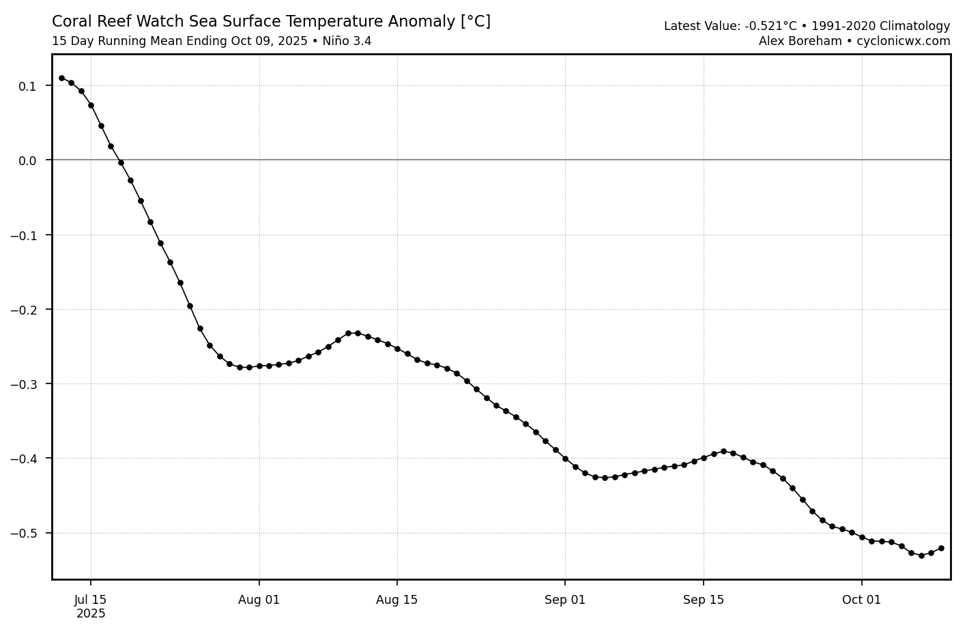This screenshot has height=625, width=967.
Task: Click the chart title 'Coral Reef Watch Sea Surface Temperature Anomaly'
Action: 271,22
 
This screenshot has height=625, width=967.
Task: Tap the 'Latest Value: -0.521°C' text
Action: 730,27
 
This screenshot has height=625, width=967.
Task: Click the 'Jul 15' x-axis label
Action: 91,600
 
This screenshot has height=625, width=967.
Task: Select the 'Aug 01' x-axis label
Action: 259,600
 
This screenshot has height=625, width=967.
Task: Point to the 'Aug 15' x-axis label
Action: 397,600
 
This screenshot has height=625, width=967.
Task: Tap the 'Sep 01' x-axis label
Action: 565,600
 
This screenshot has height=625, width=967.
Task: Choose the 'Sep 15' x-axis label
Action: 704,600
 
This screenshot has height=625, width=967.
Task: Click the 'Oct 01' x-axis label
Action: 862,600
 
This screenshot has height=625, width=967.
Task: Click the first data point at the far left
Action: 61,78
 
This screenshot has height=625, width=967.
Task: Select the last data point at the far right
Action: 941,548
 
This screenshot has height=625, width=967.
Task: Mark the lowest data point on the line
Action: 921,555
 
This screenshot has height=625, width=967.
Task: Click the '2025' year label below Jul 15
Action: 91,613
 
